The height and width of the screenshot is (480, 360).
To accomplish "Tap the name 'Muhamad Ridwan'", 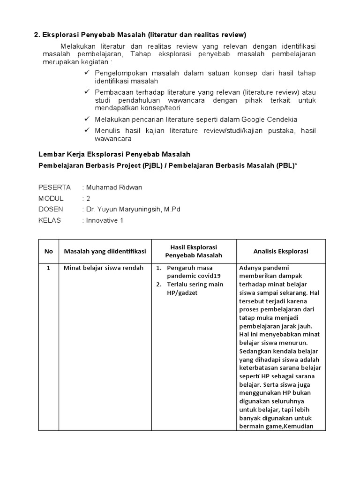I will click(x=114, y=187).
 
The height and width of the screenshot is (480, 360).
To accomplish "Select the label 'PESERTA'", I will click(x=54, y=187).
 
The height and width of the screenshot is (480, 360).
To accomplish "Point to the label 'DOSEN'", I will click(x=51, y=209).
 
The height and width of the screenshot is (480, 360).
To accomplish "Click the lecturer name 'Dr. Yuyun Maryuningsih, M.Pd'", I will click(x=133, y=209).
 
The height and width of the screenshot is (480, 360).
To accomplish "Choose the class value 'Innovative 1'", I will click(x=105, y=220).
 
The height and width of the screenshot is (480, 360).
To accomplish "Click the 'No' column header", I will click(x=49, y=251).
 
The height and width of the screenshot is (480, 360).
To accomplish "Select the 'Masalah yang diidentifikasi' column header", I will click(x=105, y=251).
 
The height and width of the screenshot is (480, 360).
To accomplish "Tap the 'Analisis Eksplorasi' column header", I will click(x=281, y=251).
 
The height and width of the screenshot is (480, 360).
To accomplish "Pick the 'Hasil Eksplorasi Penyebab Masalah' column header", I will click(x=194, y=251).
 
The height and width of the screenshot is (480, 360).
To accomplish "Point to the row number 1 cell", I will click(x=48, y=268).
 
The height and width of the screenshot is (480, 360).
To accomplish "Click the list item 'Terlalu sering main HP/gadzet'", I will click(x=190, y=288).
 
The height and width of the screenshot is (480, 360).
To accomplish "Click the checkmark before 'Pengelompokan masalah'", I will click(x=87, y=73).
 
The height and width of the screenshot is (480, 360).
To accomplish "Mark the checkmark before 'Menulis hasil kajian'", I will click(x=87, y=130).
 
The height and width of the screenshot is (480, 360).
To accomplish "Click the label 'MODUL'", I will click(x=51, y=198).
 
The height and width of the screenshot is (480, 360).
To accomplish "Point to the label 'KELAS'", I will click(x=50, y=220).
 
